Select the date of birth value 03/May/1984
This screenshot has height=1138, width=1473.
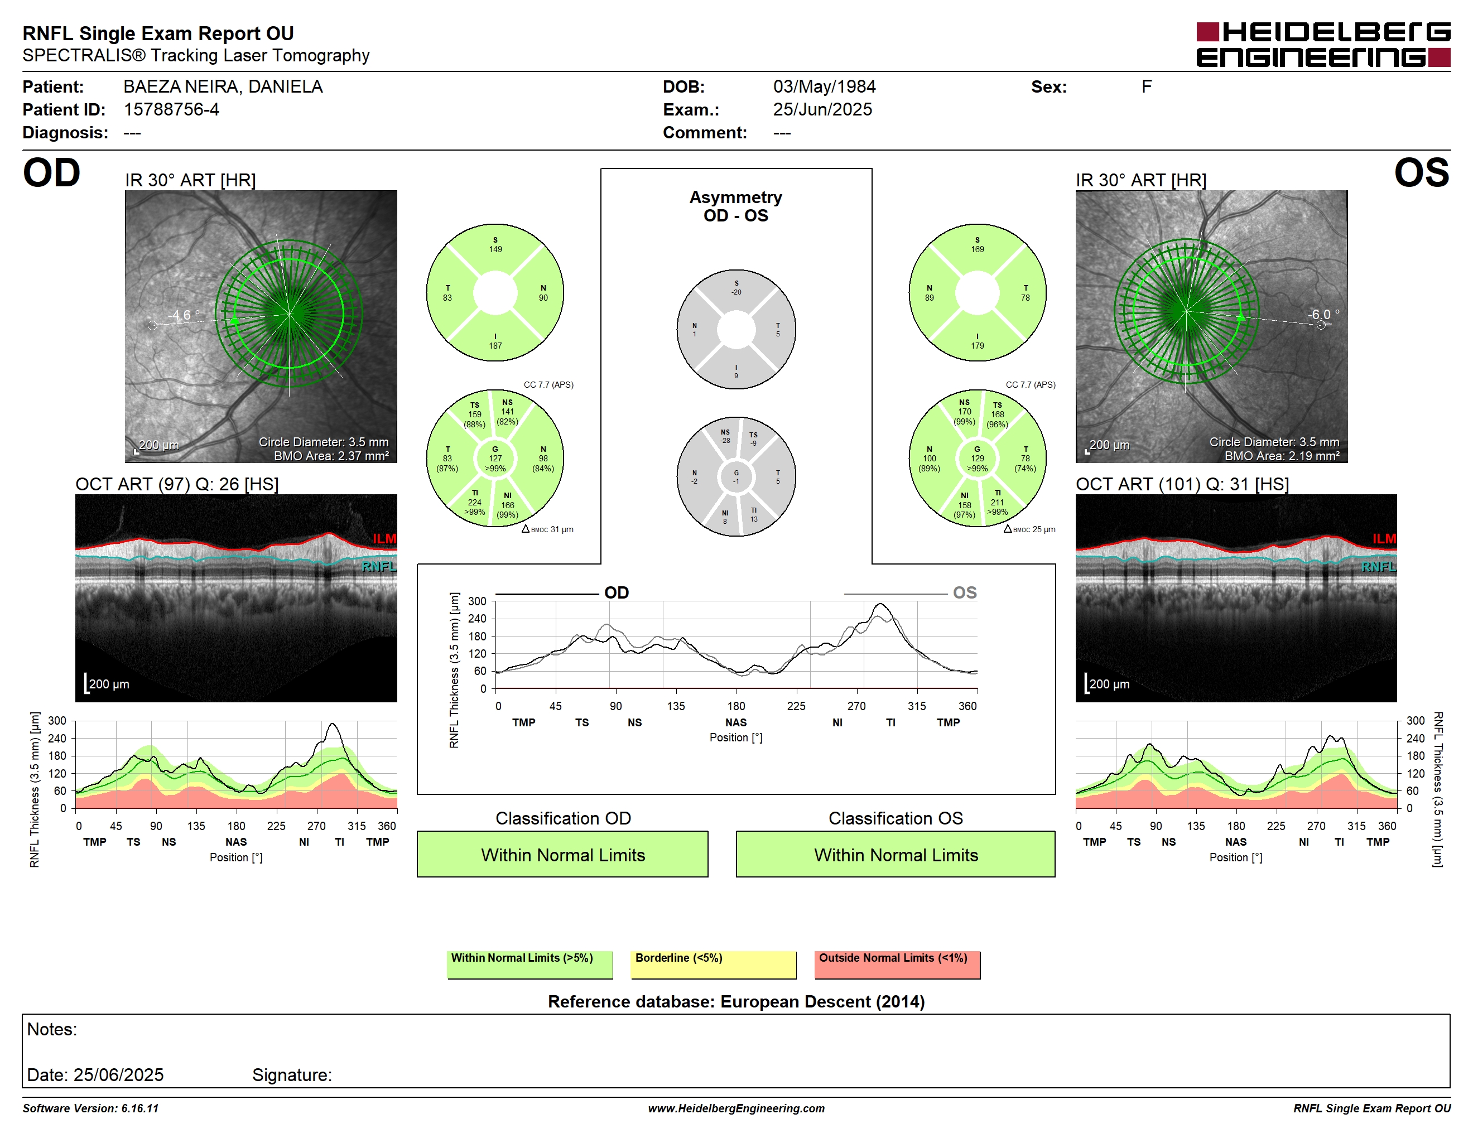coord(824,87)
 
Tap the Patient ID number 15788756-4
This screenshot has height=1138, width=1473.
coord(171,110)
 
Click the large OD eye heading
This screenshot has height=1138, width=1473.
coord(51,173)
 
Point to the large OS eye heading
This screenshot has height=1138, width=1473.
coord(1421,173)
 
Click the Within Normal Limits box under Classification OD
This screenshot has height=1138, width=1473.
coord(562,854)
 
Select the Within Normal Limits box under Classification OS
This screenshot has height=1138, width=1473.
coord(896,854)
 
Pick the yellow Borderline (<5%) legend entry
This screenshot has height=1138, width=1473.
coord(714,964)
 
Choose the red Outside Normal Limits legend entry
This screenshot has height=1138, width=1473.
coord(897,964)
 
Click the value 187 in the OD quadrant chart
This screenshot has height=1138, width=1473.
coord(495,346)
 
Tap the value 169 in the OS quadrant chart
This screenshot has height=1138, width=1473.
coord(978,249)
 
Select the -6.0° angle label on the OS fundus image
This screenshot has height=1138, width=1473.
coord(1323,314)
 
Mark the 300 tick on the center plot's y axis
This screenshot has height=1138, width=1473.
coord(477,601)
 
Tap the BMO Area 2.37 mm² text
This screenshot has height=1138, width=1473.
coord(331,456)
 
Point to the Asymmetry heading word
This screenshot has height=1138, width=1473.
coord(735,197)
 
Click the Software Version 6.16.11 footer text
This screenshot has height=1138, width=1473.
coord(90,1108)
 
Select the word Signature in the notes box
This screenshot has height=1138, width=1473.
coord(291,1074)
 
